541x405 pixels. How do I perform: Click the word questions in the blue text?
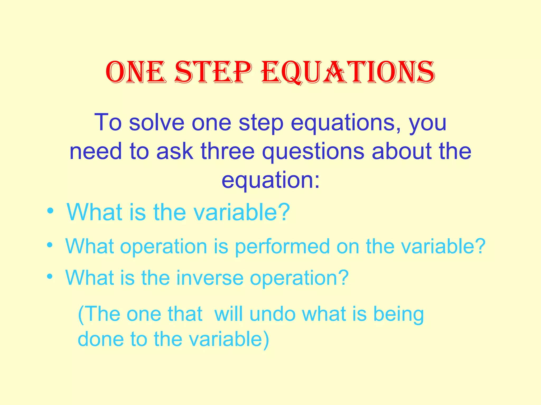tap(313, 152)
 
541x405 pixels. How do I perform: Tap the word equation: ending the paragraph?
tap(270, 181)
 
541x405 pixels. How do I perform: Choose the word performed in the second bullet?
tap(282, 247)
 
